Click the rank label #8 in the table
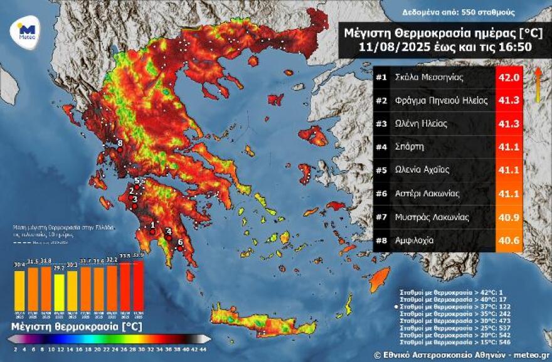pyautogui.click(x=381, y=240)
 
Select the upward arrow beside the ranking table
pyautogui.click(x=538, y=84)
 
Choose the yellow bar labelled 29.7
pyautogui.click(x=59, y=292)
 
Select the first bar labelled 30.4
pyautogui.click(x=19, y=290)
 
